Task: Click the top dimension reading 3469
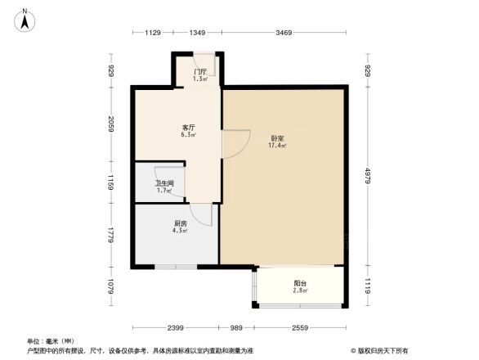pos(284,33)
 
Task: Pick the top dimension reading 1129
pos(154,33)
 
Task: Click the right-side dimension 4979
pos(368,176)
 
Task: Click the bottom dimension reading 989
pos(237,328)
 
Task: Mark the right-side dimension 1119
pos(368,287)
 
